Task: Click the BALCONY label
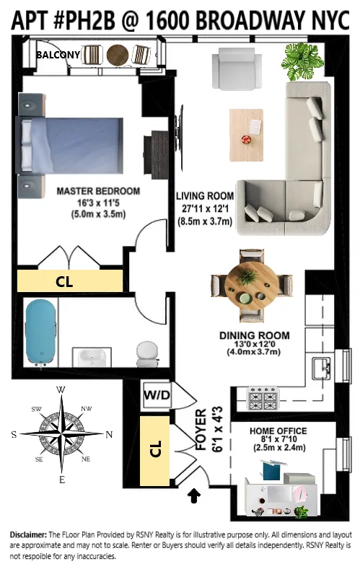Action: click(57, 54)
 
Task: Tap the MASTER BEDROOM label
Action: click(98, 192)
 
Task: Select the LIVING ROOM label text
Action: click(205, 195)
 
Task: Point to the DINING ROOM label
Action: click(254, 335)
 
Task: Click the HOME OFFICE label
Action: click(277, 431)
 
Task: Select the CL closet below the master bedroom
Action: click(65, 283)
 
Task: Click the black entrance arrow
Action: click(193, 495)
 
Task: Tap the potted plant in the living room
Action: click(299, 61)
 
